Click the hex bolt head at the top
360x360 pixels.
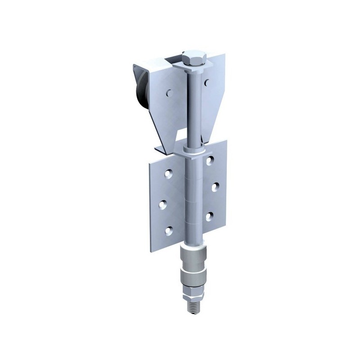(194, 58)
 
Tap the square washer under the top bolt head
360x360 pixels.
(193, 68)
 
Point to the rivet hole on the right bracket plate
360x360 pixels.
(206, 82)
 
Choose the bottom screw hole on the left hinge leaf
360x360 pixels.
(168, 231)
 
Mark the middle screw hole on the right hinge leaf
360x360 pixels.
(215, 187)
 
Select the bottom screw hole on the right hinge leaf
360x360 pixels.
(209, 216)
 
